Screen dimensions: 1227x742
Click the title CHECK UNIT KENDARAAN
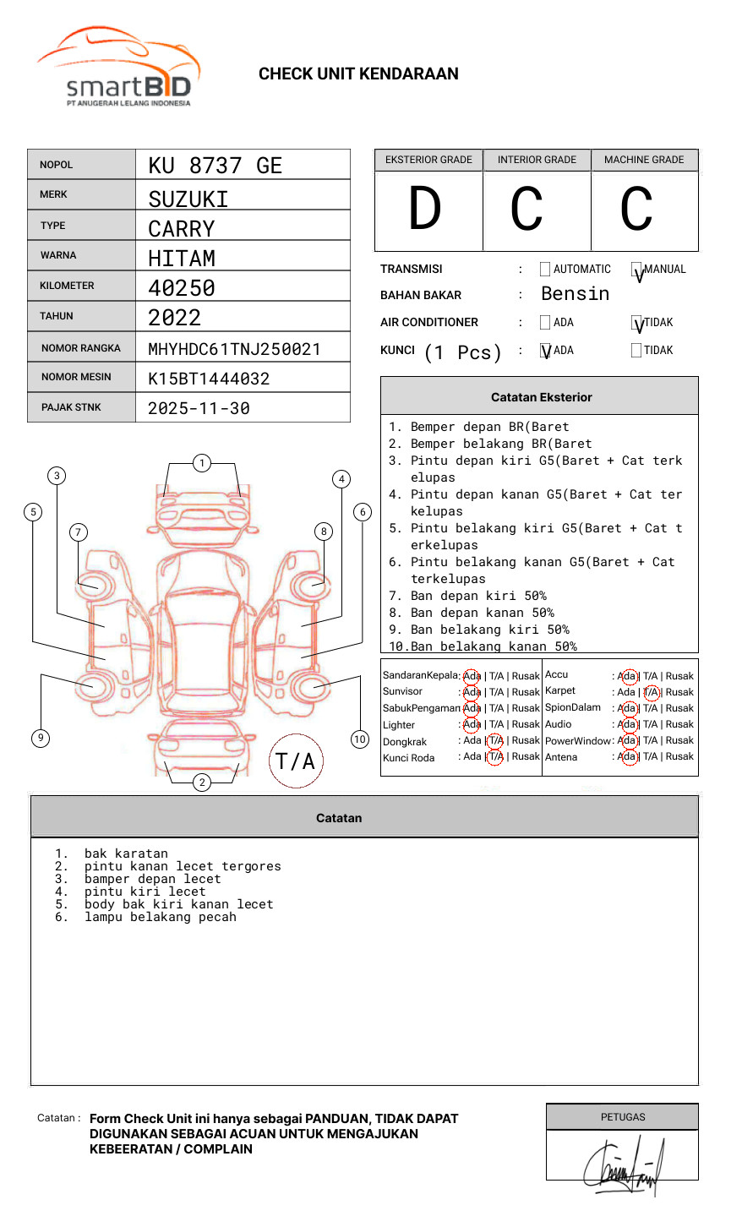[x=358, y=74]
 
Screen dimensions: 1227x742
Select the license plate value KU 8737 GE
[x=215, y=166]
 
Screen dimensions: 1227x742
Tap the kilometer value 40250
[x=182, y=288]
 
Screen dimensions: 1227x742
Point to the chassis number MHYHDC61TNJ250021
[x=234, y=349]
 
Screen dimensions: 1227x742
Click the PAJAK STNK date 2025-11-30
[x=199, y=408]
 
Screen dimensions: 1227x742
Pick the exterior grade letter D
[x=425, y=210]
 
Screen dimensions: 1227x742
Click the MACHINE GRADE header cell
[x=644, y=160]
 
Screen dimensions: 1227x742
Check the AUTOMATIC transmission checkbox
[x=545, y=270]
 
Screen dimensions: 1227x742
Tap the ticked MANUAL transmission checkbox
[x=636, y=270]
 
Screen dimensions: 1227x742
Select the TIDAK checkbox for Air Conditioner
[x=636, y=323]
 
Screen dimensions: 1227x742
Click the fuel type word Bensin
[x=575, y=294]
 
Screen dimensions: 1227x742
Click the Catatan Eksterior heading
[x=541, y=397]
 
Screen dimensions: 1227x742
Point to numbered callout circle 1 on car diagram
[x=201, y=463]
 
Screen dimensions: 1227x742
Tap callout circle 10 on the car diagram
[x=360, y=739]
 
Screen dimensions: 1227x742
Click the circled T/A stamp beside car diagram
[x=295, y=761]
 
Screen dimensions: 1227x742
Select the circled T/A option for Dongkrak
[x=495, y=740]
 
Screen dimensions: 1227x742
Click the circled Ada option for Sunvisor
[x=472, y=692]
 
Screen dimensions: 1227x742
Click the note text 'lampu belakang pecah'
[x=160, y=917]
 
